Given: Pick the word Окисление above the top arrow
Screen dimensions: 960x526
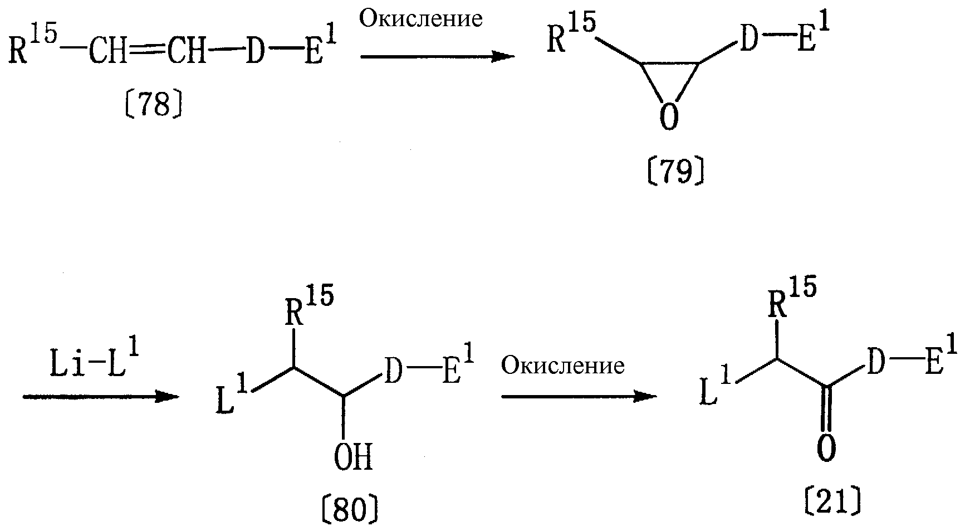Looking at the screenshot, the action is pyautogui.click(x=421, y=19).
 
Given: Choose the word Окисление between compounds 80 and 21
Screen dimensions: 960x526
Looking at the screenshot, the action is pyautogui.click(x=562, y=366).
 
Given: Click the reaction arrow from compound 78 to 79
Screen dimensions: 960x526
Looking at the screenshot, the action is pyautogui.click(x=437, y=56).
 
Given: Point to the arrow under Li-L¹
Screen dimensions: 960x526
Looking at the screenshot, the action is pyautogui.click(x=101, y=397).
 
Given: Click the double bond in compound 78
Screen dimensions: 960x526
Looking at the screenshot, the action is pyautogui.click(x=148, y=53).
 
